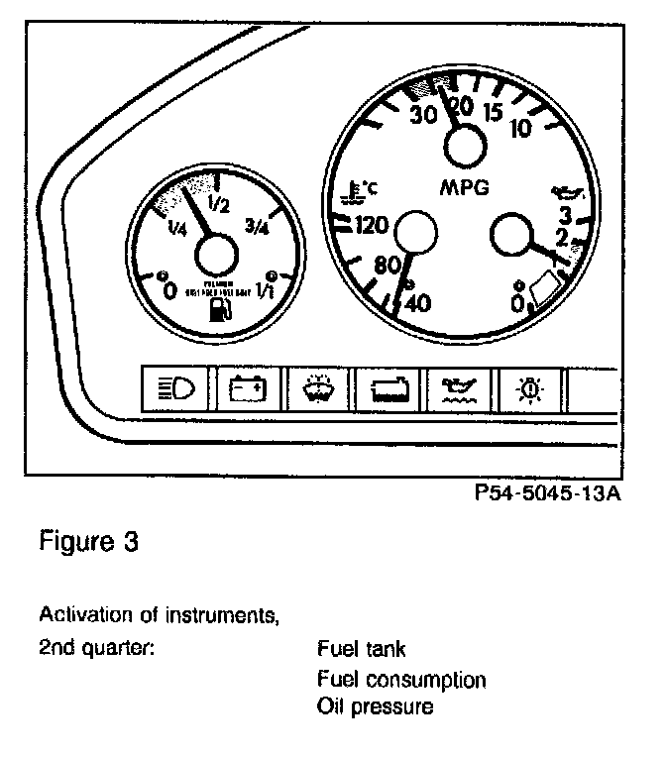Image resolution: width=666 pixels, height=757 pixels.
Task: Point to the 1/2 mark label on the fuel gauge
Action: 219,207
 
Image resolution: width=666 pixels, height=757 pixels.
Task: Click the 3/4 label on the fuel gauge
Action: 257,229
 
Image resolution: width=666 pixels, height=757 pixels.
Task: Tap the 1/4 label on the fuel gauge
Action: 178,230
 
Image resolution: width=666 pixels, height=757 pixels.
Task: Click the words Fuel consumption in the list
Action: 401,680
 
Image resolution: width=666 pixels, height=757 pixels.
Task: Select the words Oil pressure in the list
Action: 375,707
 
